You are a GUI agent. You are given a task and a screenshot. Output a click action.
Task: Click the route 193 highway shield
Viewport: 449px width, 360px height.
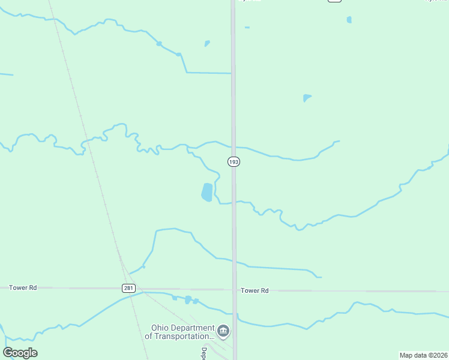(234, 162)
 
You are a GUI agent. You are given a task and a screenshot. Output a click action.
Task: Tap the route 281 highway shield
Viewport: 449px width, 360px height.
(128, 288)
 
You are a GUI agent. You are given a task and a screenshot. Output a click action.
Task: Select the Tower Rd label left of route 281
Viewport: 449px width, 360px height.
(23, 288)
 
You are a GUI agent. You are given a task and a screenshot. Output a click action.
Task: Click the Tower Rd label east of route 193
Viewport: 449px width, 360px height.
(255, 290)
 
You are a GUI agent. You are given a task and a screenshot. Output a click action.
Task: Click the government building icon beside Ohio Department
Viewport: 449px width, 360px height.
(223, 331)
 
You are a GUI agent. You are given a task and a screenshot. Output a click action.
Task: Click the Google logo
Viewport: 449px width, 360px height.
(20, 353)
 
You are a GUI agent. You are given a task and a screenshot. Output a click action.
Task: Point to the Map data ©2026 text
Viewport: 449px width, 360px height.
(423, 355)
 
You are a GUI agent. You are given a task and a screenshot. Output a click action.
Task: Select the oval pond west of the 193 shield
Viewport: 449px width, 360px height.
(206, 192)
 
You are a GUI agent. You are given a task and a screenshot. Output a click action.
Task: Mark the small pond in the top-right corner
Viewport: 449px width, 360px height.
(349, 20)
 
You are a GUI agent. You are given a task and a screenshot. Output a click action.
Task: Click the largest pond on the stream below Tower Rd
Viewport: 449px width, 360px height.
(188, 299)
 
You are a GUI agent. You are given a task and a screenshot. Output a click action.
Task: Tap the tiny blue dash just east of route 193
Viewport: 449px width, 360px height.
(247, 28)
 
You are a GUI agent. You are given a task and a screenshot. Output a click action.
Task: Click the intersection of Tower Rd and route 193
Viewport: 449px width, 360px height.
(234, 290)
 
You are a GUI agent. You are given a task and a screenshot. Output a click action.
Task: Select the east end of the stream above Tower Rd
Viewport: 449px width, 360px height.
(319, 277)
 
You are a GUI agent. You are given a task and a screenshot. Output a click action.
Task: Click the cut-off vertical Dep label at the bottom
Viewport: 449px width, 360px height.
(204, 354)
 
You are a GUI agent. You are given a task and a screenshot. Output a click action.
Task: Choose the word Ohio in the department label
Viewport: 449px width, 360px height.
(159, 328)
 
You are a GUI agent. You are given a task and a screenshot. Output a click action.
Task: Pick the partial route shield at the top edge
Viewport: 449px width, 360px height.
(334, 1)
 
